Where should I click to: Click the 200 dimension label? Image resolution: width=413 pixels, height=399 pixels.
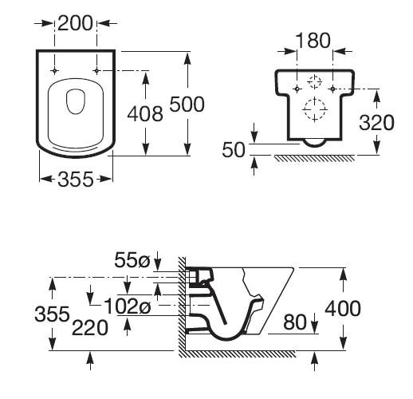coord(75,23)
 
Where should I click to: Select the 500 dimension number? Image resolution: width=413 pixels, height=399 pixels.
coord(187,104)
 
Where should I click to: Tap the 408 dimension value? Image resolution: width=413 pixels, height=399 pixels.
coord(145,114)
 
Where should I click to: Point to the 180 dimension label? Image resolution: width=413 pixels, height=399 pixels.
coord(313,41)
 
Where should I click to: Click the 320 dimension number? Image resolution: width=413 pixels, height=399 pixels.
coord(376,123)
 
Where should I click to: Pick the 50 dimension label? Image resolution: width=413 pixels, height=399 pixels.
coord(234,150)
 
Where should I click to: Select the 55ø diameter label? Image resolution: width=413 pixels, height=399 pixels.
coord(132,260)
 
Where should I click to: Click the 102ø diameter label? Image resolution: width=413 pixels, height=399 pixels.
coord(128,306)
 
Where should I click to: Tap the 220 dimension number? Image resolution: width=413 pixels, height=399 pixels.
coord(90,328)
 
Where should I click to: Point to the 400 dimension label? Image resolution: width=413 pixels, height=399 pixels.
coord(343,308)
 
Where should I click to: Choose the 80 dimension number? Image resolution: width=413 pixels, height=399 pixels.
coord(295,322)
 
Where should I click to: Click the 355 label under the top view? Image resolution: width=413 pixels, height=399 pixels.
coord(76,179)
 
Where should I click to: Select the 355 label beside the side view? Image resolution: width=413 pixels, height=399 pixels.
coord(52,314)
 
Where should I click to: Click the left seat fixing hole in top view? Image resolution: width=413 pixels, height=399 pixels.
coord(54,71)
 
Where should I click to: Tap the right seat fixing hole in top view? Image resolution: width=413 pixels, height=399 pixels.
coord(96,71)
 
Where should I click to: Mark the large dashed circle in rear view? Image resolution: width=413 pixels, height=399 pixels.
coord(315,109)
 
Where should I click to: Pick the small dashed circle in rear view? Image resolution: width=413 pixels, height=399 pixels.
coord(314,81)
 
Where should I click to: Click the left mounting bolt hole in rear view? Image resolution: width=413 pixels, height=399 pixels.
coord(297,89)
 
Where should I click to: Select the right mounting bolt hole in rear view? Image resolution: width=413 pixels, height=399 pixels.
coord(332,89)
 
